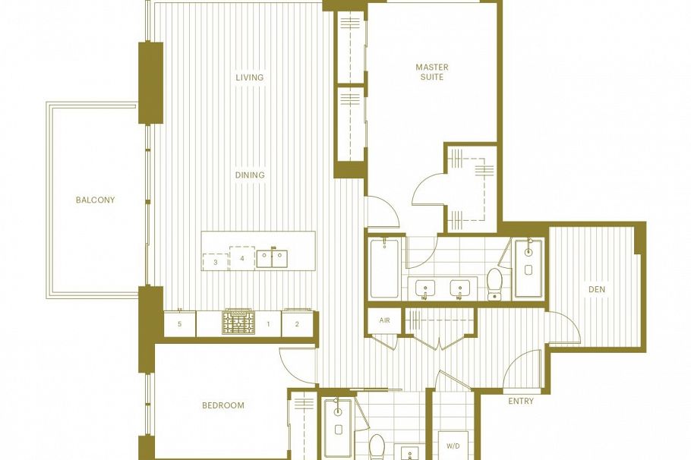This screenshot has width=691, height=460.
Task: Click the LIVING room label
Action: (249, 77)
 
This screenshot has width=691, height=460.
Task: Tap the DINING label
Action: (250, 175)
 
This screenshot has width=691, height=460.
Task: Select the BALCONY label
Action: (95, 200)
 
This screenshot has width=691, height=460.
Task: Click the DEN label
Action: (596, 289)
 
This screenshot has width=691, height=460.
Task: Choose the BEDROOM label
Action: (223, 405)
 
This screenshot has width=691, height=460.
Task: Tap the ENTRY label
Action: (520, 401)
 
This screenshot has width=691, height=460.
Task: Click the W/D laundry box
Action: (453, 445)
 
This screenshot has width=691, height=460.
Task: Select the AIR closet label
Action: (384, 320)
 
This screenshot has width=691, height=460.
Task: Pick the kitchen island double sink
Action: (271, 258)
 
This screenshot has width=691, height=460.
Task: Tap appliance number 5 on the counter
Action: (180, 324)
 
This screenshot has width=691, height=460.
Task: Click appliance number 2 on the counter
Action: (297, 324)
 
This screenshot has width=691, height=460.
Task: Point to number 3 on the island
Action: (216, 262)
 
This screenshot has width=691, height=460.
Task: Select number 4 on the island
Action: (241, 258)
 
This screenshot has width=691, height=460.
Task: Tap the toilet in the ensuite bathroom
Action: (494, 282)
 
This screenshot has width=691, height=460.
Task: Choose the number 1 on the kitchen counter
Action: (268, 324)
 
